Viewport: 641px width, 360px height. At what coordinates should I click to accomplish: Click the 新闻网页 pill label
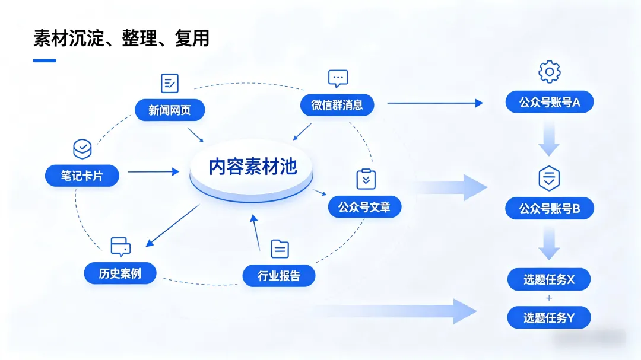tap(169, 110)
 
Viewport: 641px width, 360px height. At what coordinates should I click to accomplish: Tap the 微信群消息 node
tap(337, 105)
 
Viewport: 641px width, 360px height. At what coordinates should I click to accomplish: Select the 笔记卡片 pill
tap(82, 176)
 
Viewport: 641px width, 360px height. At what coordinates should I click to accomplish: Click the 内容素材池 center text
tap(252, 167)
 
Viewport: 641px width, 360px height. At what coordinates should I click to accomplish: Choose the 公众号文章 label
tap(364, 207)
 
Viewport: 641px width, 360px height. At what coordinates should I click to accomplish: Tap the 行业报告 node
tap(279, 276)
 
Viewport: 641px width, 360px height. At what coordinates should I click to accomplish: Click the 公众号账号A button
tap(550, 102)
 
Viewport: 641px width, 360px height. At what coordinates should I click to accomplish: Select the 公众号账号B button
tap(550, 208)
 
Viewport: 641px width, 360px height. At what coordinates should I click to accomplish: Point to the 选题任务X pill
tap(549, 279)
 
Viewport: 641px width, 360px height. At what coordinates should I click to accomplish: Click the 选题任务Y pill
tap(549, 318)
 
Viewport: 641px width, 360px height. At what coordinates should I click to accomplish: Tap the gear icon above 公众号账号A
tap(549, 72)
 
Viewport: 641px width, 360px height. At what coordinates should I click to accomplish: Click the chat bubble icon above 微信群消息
tap(338, 78)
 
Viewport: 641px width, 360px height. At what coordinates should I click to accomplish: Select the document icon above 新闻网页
tap(170, 83)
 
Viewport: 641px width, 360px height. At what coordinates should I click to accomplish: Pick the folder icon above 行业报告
tap(280, 249)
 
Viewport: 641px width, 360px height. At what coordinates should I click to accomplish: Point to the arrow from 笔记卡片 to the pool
tap(153, 172)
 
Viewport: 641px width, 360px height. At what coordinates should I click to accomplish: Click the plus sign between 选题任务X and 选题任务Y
tap(549, 298)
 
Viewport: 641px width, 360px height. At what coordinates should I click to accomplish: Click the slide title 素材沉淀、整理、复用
tap(121, 39)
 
